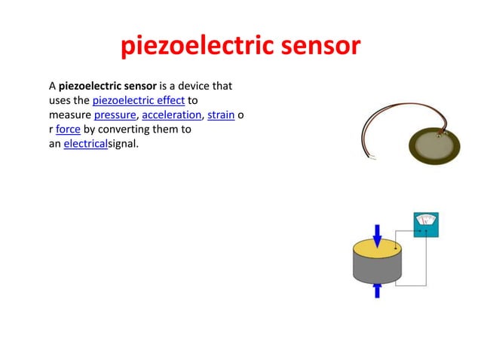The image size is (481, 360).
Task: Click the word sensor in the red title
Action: click(x=320, y=47)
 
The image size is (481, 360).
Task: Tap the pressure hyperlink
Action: click(x=115, y=115)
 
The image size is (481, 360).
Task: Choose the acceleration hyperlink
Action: click(x=171, y=115)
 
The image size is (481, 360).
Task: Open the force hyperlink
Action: click(x=69, y=129)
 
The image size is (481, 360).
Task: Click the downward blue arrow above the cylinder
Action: click(x=378, y=233)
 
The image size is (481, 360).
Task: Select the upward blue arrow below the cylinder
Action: click(x=378, y=289)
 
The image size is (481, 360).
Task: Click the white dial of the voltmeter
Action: click(x=427, y=220)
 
